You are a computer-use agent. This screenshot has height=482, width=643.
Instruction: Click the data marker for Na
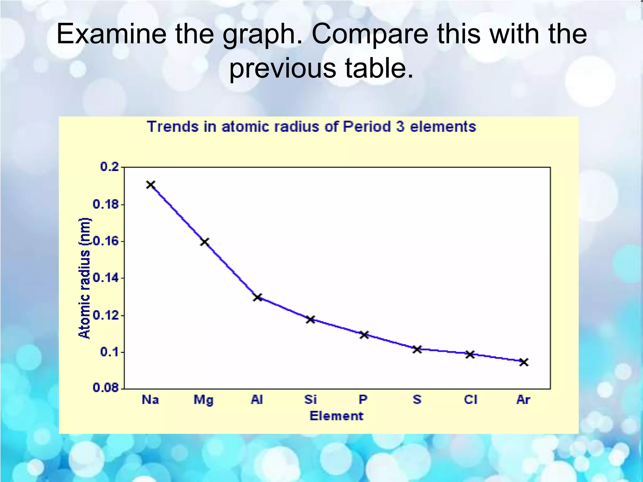(x=151, y=185)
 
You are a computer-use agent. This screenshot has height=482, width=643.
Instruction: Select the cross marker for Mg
(x=204, y=242)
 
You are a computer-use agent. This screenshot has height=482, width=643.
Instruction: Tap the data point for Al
(x=257, y=297)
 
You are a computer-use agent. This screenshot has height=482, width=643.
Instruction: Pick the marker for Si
(x=311, y=319)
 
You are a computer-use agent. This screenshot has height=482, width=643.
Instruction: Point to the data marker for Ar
(x=523, y=362)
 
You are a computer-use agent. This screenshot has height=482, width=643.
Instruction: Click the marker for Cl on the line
(x=470, y=355)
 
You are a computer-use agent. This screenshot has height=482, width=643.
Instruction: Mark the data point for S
(x=417, y=349)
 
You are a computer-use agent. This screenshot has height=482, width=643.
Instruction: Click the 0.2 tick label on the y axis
(x=110, y=167)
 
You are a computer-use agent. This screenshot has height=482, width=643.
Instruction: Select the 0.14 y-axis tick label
(x=105, y=278)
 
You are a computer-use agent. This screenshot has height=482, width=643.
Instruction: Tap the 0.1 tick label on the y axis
(x=110, y=352)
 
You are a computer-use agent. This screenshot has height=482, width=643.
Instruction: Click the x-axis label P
(x=363, y=400)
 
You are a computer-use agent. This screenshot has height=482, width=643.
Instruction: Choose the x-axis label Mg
(x=203, y=400)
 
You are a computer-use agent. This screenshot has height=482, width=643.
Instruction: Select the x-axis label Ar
(x=523, y=400)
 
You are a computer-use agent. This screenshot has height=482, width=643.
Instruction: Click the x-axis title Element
(x=336, y=416)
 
